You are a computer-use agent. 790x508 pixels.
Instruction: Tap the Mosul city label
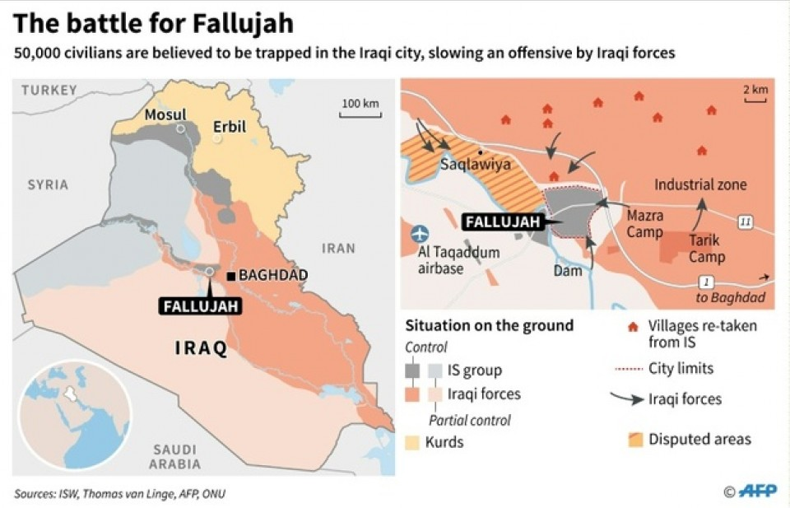[x=165, y=114]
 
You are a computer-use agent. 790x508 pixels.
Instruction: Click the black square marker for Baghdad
[x=233, y=276]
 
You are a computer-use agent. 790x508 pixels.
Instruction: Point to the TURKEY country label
[x=49, y=90]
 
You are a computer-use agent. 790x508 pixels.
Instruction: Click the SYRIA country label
[x=48, y=184]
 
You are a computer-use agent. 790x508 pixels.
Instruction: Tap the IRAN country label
[x=337, y=248]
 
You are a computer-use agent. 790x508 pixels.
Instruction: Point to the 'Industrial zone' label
[x=700, y=184]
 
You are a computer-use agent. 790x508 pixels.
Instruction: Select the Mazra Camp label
[x=645, y=223]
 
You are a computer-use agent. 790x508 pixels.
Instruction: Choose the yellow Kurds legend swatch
[x=412, y=442]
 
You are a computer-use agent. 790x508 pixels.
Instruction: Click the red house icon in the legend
[x=632, y=326]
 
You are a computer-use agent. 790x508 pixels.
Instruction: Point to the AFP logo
[x=756, y=492]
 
